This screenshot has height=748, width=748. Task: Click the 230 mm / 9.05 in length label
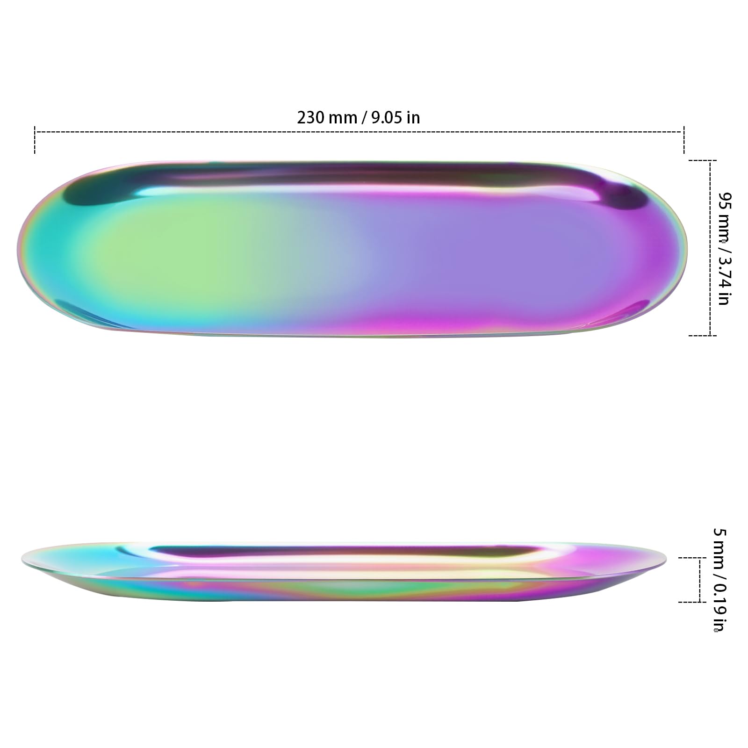coord(359,117)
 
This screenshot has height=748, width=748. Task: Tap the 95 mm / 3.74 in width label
coord(724,248)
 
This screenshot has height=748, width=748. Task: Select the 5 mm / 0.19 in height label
coord(720,580)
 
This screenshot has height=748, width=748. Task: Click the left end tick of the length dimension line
coord(35,139)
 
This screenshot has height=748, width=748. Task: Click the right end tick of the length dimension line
coord(684,139)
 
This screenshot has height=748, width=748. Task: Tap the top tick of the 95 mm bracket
coord(702,160)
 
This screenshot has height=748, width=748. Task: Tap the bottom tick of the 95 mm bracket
coord(702,335)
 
